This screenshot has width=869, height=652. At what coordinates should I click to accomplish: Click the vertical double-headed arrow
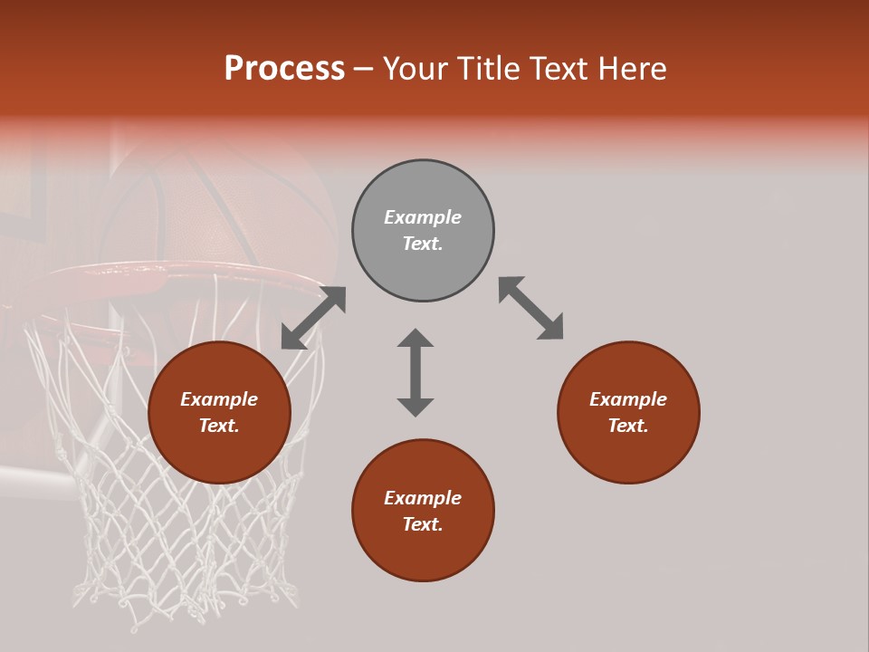(415, 372)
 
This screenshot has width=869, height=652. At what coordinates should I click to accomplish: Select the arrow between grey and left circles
(313, 318)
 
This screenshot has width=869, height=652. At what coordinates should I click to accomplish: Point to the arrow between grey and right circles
(530, 308)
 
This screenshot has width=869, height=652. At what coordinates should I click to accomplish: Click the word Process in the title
(284, 69)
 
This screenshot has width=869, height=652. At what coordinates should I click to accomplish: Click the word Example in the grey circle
(423, 217)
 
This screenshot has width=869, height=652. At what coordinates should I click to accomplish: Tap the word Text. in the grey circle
(423, 244)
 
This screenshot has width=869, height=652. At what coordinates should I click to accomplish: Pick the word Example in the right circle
(628, 399)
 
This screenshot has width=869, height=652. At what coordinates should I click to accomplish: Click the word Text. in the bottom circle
(423, 524)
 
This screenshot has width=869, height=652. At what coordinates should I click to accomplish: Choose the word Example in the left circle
(219, 399)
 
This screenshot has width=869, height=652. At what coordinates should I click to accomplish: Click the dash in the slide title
(364, 69)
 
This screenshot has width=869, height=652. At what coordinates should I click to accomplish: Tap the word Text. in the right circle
(628, 426)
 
